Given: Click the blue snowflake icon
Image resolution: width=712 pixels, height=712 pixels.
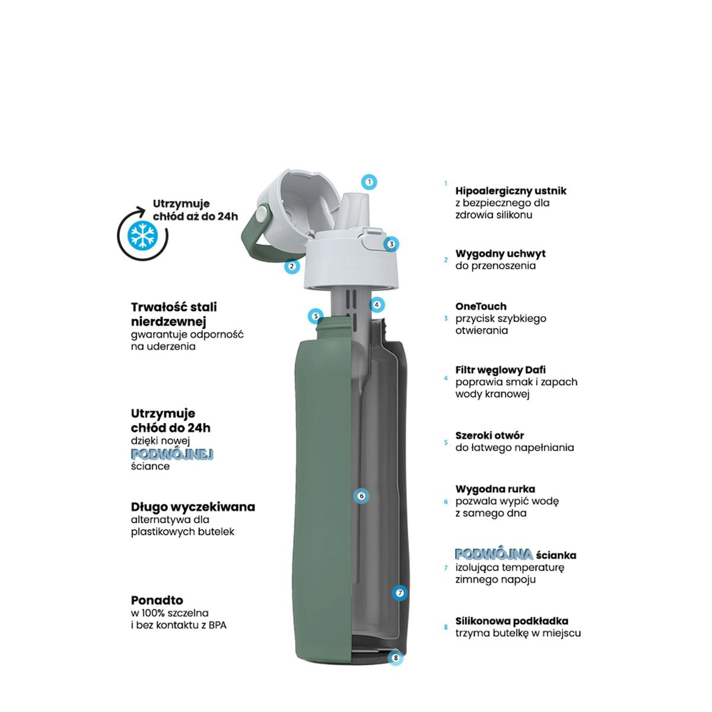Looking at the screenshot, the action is pyautogui.click(x=142, y=235).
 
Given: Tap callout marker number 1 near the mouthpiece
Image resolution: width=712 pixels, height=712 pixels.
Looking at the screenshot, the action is pyautogui.click(x=369, y=182).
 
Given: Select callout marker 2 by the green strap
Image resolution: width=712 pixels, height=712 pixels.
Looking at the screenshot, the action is pyautogui.click(x=292, y=266).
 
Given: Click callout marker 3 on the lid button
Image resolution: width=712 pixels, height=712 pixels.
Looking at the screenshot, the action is pyautogui.click(x=391, y=244).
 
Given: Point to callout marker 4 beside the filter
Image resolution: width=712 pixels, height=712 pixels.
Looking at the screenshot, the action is pyautogui.click(x=377, y=305).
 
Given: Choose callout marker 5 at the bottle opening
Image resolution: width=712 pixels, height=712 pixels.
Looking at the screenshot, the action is pyautogui.click(x=316, y=316).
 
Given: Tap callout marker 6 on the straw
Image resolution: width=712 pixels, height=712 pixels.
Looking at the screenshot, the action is pyautogui.click(x=361, y=496).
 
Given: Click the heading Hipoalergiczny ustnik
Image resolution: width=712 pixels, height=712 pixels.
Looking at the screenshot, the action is pyautogui.click(x=511, y=191).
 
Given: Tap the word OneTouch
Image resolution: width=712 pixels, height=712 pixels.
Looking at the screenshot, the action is pyautogui.click(x=481, y=306).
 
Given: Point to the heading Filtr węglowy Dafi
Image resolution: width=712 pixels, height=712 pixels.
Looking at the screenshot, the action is pyautogui.click(x=500, y=370).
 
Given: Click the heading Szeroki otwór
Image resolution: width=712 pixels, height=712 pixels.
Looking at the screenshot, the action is pyautogui.click(x=490, y=436).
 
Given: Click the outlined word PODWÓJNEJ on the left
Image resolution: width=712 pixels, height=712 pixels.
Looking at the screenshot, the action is pyautogui.click(x=172, y=454).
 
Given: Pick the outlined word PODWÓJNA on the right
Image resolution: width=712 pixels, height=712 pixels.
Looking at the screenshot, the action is pyautogui.click(x=494, y=554).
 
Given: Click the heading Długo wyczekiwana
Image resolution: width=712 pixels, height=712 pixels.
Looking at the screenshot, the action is pyautogui.click(x=193, y=507).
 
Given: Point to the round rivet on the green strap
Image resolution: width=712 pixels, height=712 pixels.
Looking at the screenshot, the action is pyautogui.click(x=262, y=214).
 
